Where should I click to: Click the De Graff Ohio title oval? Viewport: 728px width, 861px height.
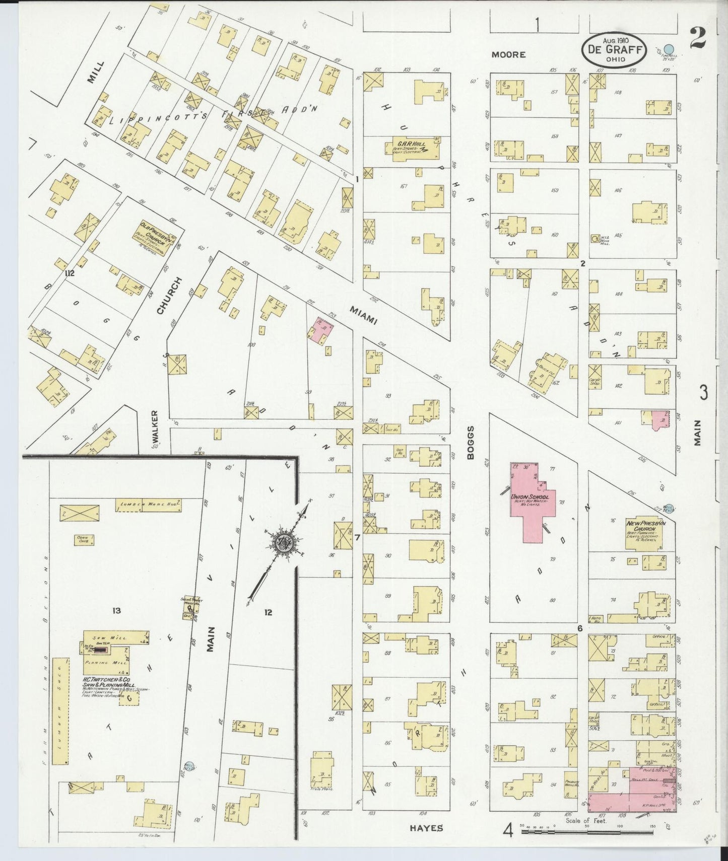click(x=614, y=49)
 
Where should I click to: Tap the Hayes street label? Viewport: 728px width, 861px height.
click(x=426, y=828)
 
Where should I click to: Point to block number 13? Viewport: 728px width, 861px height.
click(x=116, y=611)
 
